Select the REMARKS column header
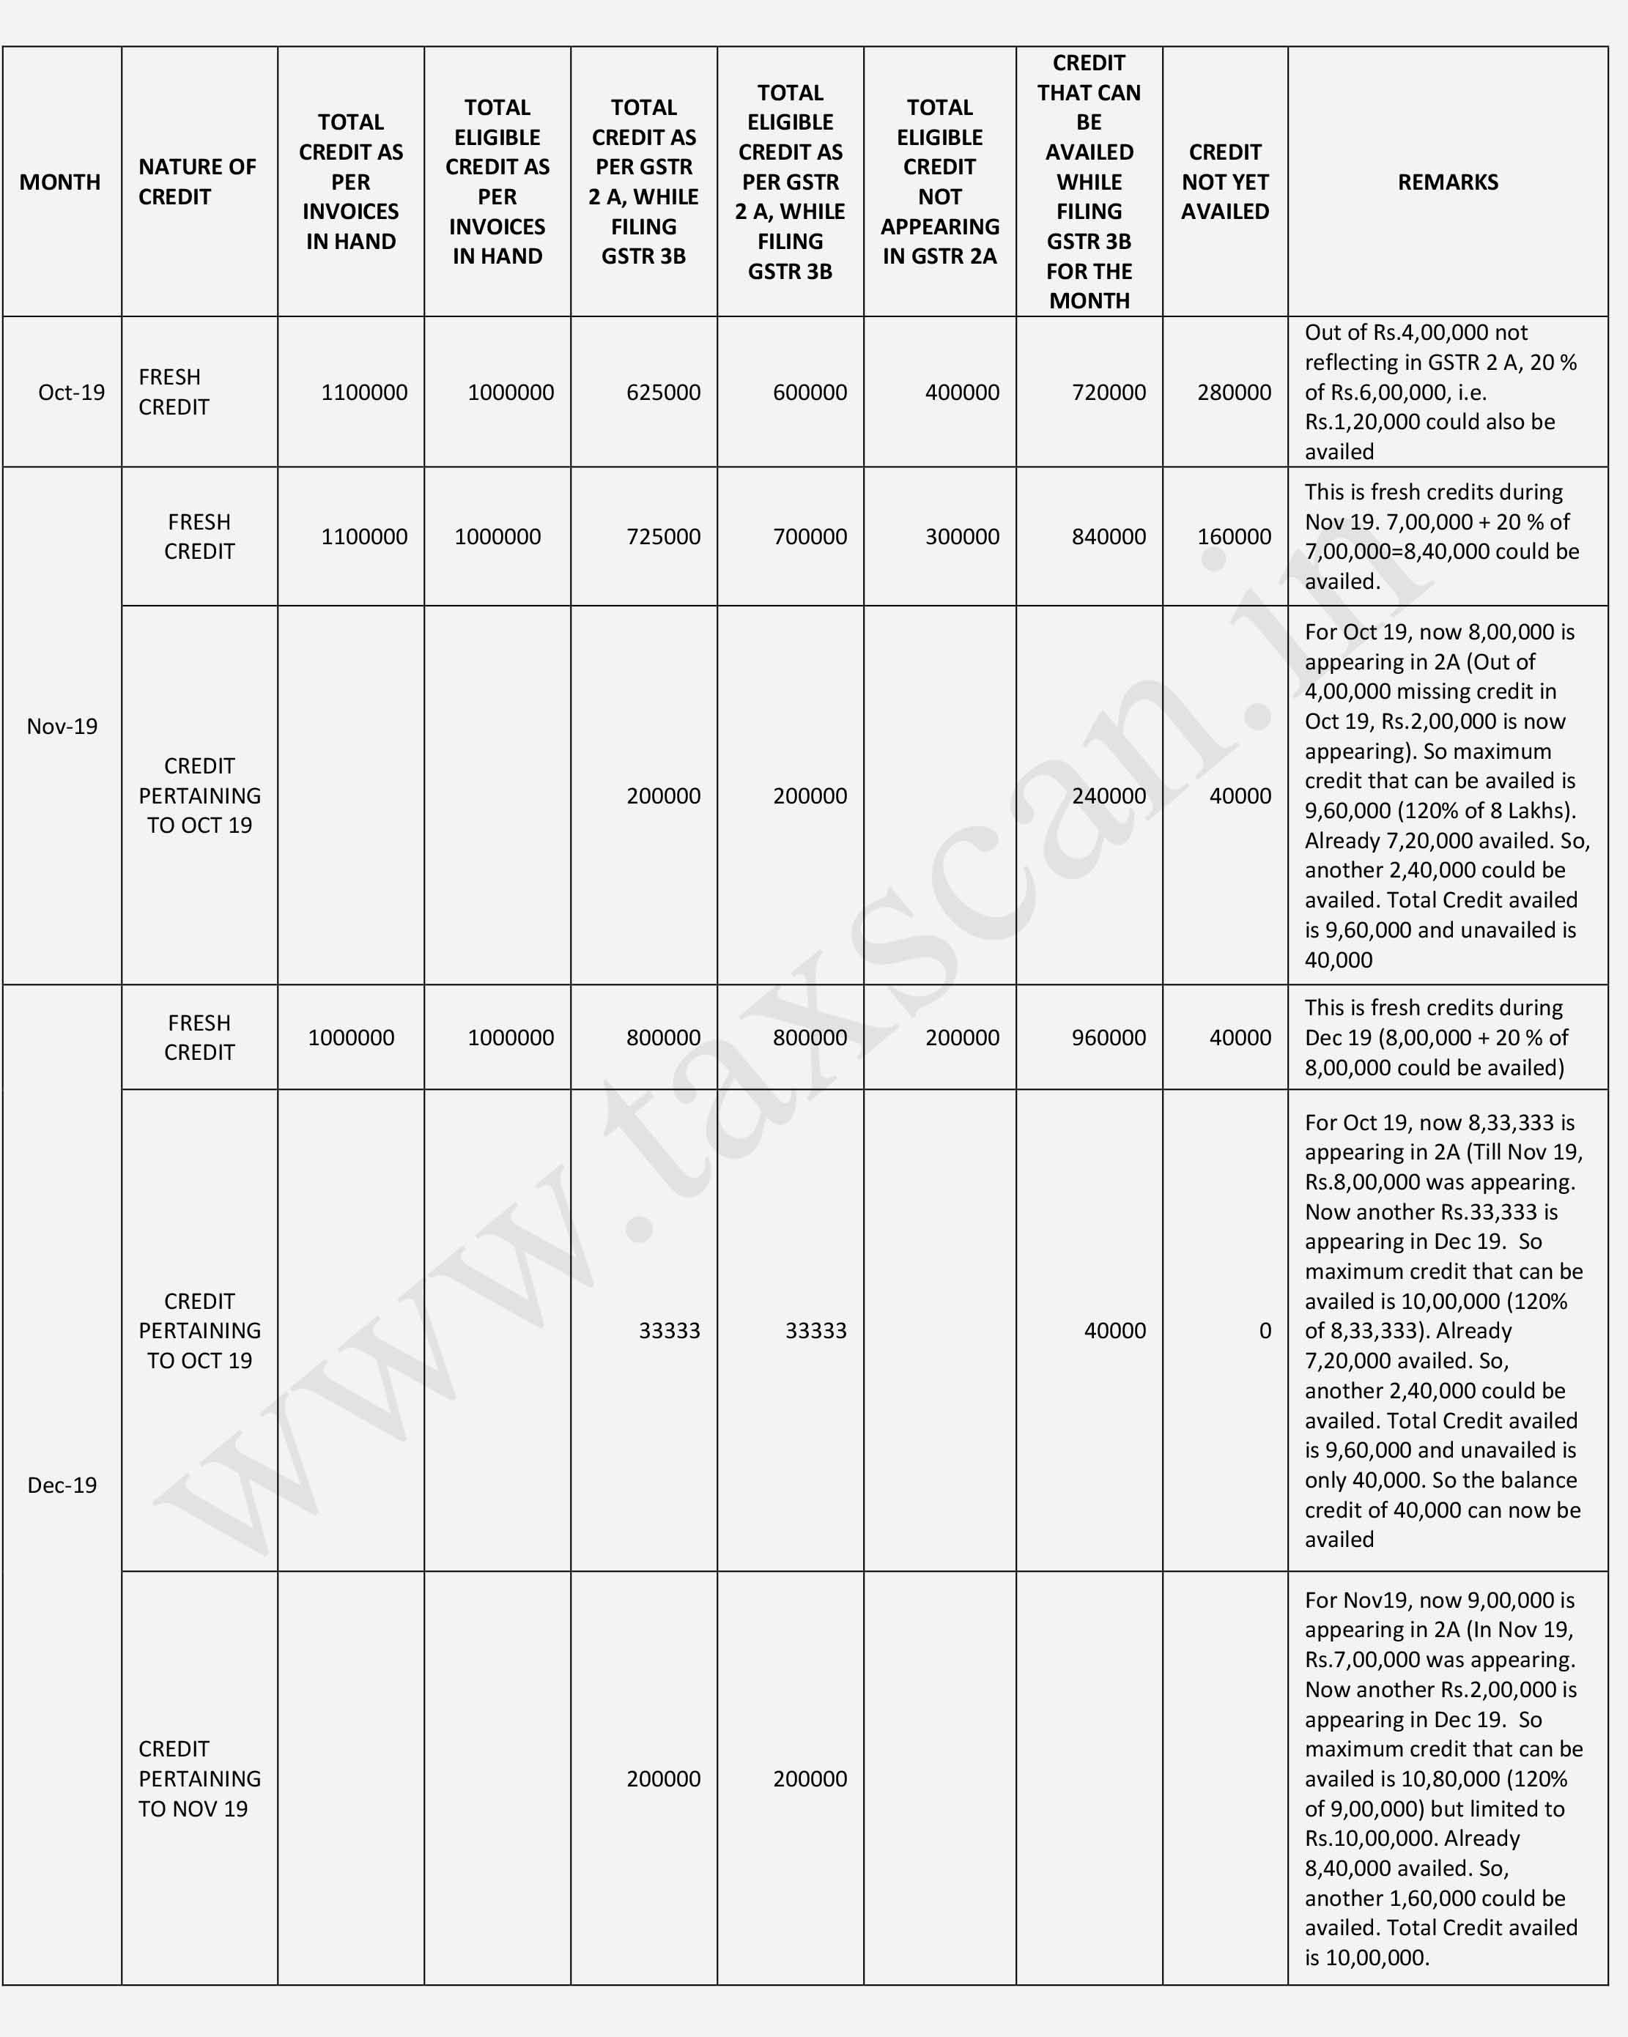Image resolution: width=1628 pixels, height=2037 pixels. [1448, 182]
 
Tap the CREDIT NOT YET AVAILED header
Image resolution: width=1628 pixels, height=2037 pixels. [1224, 182]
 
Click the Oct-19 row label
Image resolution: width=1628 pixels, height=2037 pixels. [71, 392]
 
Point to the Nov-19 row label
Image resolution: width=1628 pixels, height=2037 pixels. [62, 727]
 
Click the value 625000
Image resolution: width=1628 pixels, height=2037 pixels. [663, 392]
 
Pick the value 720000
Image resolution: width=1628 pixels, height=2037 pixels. [1109, 392]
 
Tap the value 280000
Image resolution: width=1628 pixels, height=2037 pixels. [1234, 392]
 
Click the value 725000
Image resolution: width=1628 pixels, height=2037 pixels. [663, 537]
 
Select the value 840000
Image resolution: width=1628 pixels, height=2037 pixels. [1109, 537]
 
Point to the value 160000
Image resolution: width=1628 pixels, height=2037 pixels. [1234, 537]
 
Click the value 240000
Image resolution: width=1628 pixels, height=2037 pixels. [1109, 795]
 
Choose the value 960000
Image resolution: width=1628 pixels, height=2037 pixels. [1109, 1037]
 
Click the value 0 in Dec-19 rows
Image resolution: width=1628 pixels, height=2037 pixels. [1264, 1330]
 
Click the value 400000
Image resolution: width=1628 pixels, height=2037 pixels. [962, 392]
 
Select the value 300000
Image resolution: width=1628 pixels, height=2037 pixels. [962, 537]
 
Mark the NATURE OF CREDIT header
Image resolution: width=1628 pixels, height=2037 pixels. [196, 182]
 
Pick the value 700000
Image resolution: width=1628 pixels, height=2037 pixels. [810, 537]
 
